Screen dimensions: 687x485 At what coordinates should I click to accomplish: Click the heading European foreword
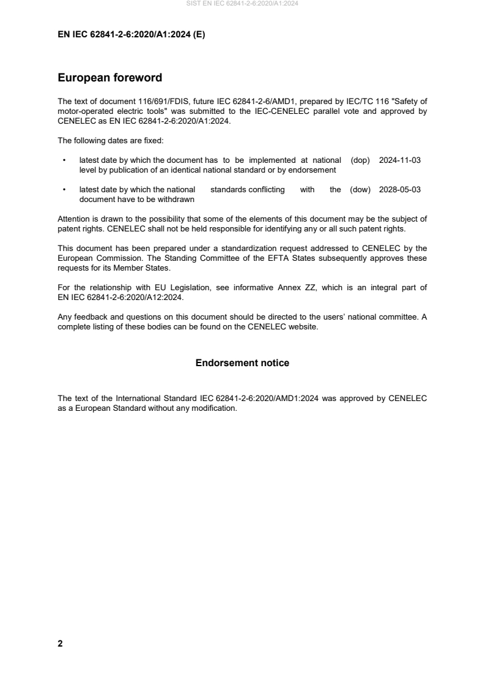click(x=109, y=78)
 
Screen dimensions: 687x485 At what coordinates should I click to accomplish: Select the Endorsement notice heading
click(x=242, y=363)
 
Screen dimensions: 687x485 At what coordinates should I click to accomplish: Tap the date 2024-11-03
click(x=400, y=160)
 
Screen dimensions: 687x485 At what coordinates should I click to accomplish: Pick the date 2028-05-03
click(x=400, y=190)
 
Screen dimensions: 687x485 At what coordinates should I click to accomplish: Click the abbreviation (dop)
click(x=361, y=160)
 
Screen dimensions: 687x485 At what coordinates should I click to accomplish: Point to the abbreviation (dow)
click(x=360, y=190)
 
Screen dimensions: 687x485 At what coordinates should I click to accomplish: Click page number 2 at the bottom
click(x=60, y=644)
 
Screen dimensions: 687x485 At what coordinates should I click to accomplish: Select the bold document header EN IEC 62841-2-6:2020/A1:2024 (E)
click(x=131, y=35)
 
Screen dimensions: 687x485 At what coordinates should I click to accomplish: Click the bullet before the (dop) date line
click(x=64, y=160)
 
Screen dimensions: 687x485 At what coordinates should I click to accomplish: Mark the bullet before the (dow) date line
click(x=64, y=190)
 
